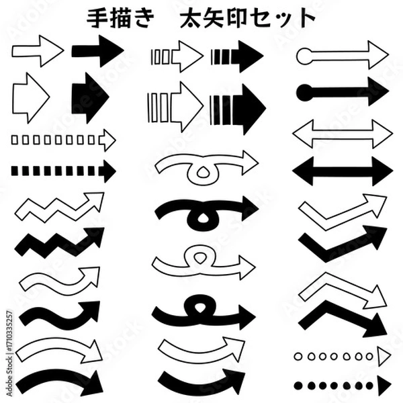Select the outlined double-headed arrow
(343, 132)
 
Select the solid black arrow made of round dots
(343, 384)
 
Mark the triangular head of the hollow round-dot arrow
(384, 356)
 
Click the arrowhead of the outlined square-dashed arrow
(107, 140)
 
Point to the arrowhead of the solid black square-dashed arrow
(107, 171)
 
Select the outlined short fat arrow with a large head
(31, 98)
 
